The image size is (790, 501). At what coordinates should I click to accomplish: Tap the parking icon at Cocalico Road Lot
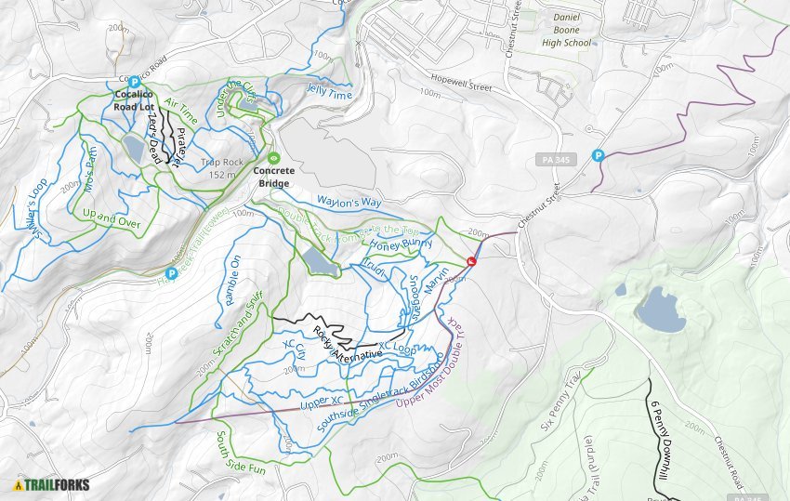pyautogui.click(x=134, y=82)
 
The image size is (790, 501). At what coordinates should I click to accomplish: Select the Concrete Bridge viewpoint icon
pyautogui.click(x=273, y=157)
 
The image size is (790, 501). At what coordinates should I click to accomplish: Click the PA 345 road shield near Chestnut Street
pyautogui.click(x=558, y=160)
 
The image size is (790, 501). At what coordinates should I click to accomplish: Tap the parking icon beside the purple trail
pyautogui.click(x=599, y=155)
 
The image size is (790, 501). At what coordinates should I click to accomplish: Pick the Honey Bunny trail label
pyautogui.click(x=402, y=245)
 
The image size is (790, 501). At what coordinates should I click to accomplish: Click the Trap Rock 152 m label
pyautogui.click(x=221, y=168)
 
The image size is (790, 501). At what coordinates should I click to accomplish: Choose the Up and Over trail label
pyautogui.click(x=111, y=218)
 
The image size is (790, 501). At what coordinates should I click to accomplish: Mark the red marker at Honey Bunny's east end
pyautogui.click(x=472, y=262)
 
